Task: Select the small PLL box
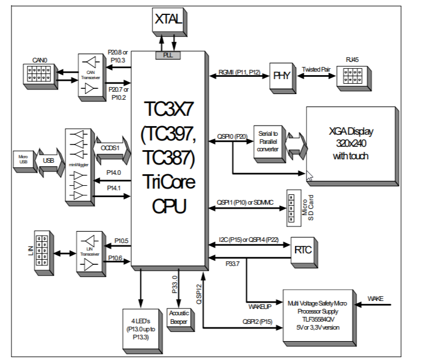168,55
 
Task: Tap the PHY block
281,76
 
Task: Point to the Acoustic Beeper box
178,316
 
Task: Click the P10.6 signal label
115,258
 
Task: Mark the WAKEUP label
260,307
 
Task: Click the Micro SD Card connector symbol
291,208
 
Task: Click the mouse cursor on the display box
309,175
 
